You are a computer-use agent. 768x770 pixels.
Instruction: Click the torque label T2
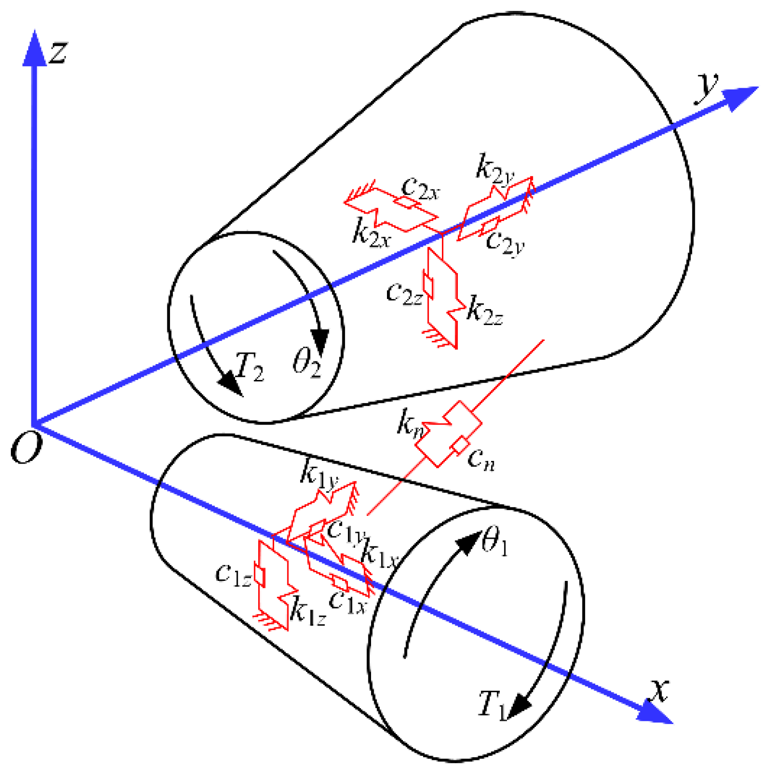pos(250,366)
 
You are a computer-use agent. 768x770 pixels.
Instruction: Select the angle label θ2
pos(306,363)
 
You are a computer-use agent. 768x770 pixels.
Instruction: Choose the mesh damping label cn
pos(480,460)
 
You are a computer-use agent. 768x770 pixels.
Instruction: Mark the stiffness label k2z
pos(485,311)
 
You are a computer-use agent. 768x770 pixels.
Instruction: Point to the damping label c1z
pos(233,575)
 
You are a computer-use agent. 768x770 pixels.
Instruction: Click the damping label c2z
pos(404,293)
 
